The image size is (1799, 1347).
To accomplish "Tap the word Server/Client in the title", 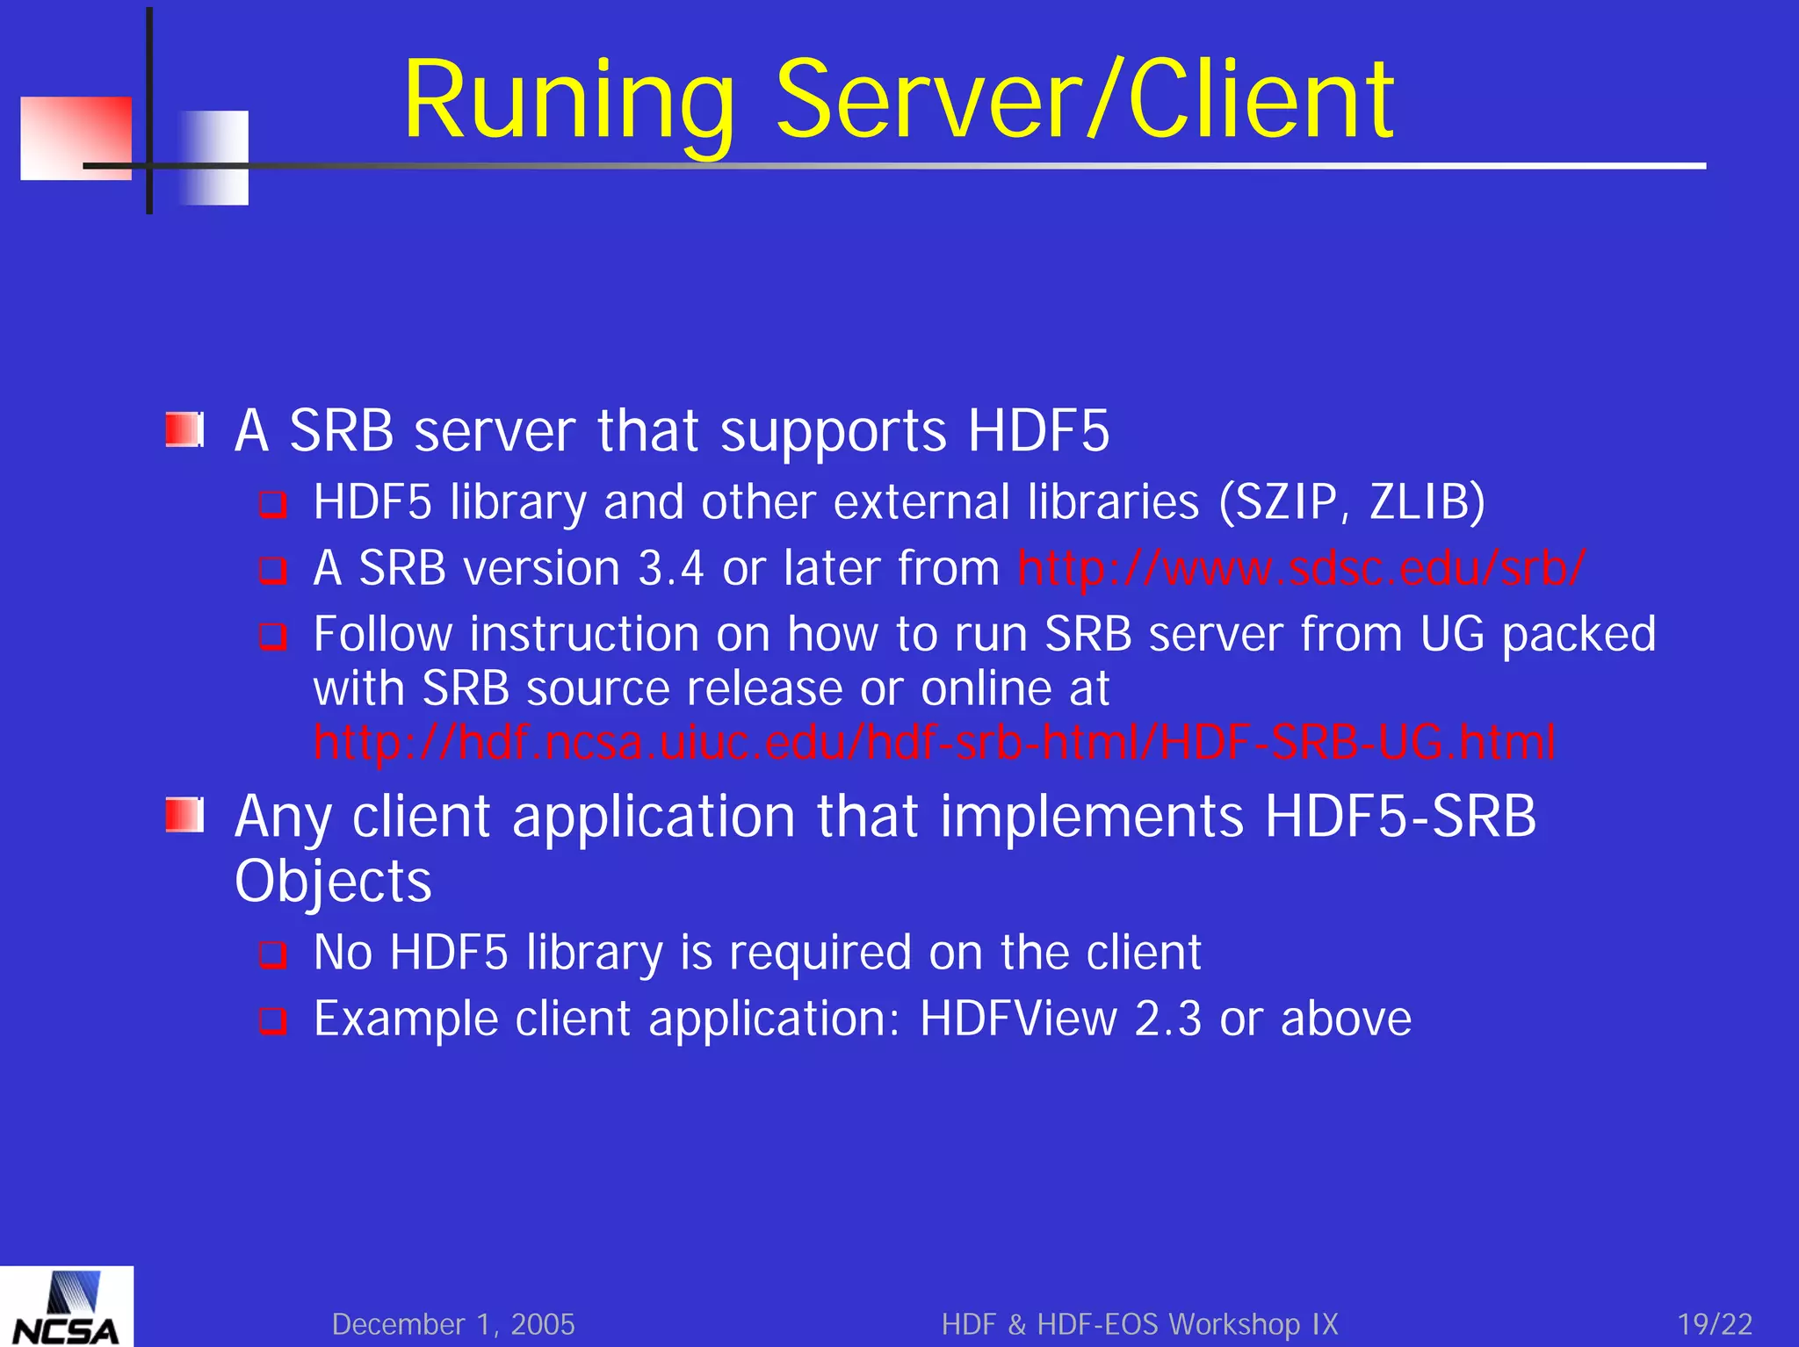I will point(1084,101).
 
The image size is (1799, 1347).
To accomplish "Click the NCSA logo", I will point(67,1307).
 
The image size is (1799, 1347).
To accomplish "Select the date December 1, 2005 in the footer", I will point(453,1324).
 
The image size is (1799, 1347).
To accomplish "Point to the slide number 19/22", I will point(1715,1324).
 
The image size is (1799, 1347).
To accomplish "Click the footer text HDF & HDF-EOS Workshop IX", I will point(1139,1324).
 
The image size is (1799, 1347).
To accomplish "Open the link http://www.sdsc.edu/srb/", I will point(1301,568).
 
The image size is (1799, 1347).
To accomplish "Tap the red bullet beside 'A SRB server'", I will point(184,430).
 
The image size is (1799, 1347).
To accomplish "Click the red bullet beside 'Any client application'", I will point(184,816).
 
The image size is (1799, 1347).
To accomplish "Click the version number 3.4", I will point(671,568).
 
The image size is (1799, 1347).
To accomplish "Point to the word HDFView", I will point(1018,1019).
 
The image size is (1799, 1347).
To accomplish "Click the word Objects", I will point(333,881).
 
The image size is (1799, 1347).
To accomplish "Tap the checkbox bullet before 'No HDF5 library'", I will point(273,954).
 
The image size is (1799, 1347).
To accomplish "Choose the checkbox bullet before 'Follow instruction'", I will point(273,636).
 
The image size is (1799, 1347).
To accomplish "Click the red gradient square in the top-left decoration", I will point(76,138).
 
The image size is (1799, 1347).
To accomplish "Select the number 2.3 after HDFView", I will point(1167,1019).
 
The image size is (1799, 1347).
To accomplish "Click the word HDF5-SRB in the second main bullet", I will point(1400,816).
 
